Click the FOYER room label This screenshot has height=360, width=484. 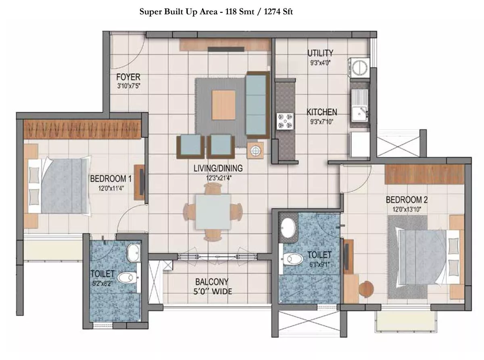pos(128,77)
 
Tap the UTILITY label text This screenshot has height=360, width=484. pos(320,53)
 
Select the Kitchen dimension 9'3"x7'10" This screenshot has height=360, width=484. pos(321,121)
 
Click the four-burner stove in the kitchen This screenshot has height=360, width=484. pos(285,121)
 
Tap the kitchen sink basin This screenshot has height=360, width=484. pos(359,113)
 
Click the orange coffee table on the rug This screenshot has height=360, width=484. pos(223,105)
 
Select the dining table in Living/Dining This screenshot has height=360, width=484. pos(213,212)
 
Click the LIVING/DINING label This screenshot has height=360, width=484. pos(218,168)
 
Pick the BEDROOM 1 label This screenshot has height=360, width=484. pos(111,179)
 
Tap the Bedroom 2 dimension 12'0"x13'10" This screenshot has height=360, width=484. pos(407,209)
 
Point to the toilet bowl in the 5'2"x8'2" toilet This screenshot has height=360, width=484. pos(126,278)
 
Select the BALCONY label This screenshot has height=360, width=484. pos(212,282)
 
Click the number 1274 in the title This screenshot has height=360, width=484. pos(273,12)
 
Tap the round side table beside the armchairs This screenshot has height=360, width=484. pos(255,150)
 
